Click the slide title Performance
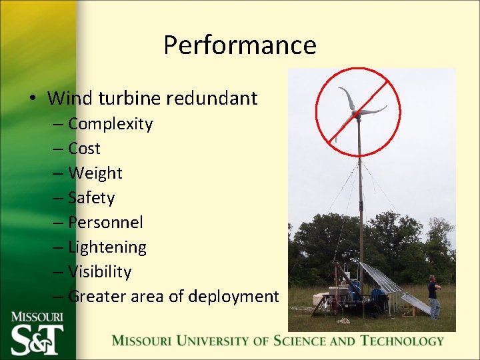240,45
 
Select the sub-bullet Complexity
110,124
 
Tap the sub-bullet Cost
84,149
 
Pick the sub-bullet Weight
95,173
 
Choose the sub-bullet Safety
91,198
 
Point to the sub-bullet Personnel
105,223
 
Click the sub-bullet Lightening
107,247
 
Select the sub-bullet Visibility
99,272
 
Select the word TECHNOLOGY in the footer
402,341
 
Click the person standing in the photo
433,297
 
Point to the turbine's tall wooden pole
360,200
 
